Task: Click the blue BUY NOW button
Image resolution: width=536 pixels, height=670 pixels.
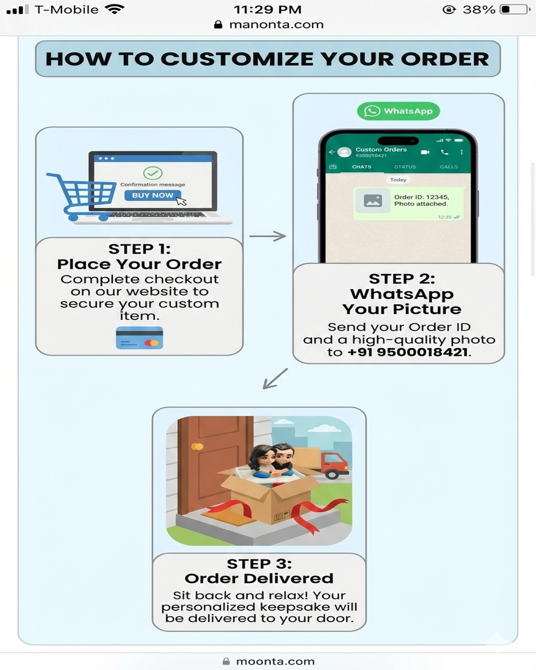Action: [x=153, y=195]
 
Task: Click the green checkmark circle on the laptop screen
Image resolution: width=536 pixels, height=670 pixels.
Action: [x=152, y=173]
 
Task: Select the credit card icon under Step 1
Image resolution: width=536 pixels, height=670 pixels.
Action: [x=140, y=338]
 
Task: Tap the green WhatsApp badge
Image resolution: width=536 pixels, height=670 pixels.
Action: [x=399, y=111]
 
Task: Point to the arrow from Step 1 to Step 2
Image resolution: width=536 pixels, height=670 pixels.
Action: [x=267, y=236]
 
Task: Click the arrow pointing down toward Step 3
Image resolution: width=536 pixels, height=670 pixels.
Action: [x=275, y=379]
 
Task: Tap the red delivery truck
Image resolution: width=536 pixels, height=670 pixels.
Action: [x=334, y=465]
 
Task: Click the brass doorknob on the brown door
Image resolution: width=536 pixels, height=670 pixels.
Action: [x=197, y=446]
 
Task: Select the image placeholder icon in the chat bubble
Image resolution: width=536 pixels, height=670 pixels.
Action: [x=373, y=201]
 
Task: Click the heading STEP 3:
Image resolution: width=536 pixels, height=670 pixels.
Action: [x=259, y=564]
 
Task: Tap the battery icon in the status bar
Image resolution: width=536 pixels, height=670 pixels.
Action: [x=514, y=9]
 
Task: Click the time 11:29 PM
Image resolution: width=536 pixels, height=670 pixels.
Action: [x=267, y=9]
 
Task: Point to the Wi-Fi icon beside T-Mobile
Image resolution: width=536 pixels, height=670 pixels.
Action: [x=114, y=9]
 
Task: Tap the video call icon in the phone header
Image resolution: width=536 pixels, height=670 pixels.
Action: [x=425, y=152]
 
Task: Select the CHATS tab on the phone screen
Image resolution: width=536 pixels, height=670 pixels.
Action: [x=362, y=167]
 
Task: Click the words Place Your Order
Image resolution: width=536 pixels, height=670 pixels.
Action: [x=140, y=264]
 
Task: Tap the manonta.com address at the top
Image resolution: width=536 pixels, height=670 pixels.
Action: [x=276, y=25]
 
